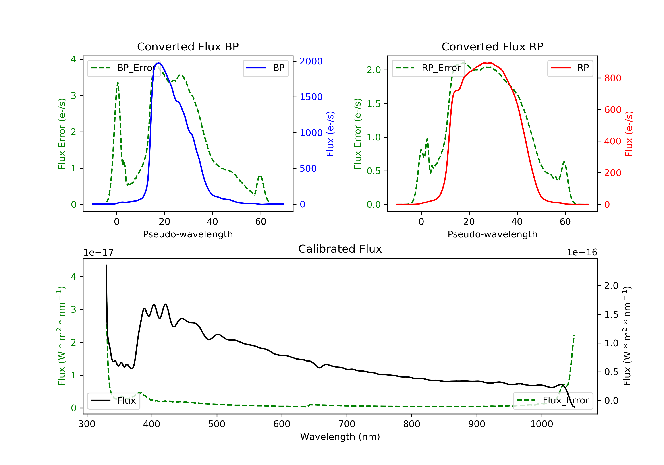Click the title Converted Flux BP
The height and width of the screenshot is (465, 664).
(188, 46)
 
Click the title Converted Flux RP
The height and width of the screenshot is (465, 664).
(492, 46)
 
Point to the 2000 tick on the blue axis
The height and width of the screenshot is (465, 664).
(311, 61)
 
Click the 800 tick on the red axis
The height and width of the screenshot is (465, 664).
(612, 78)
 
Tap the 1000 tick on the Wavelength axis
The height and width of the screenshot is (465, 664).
(541, 424)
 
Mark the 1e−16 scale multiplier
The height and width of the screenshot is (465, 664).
(582, 252)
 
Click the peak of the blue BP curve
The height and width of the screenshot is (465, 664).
(158, 63)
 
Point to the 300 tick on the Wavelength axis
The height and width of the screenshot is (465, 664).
(87, 424)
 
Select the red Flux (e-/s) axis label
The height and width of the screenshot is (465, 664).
(629, 134)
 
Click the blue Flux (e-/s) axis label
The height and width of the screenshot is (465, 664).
(330, 134)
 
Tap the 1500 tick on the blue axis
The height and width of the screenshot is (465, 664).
(311, 97)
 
